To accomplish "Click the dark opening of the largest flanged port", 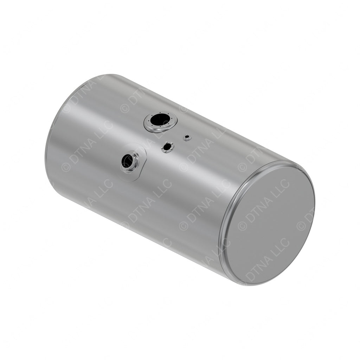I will coord(160,120).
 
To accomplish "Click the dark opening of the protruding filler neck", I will coord(127,161).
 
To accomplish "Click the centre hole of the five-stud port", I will coord(167,147).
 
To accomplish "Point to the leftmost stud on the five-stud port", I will coord(163,148).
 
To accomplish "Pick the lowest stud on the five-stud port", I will coord(167,152).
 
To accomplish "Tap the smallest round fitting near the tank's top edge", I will coord(187,137).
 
